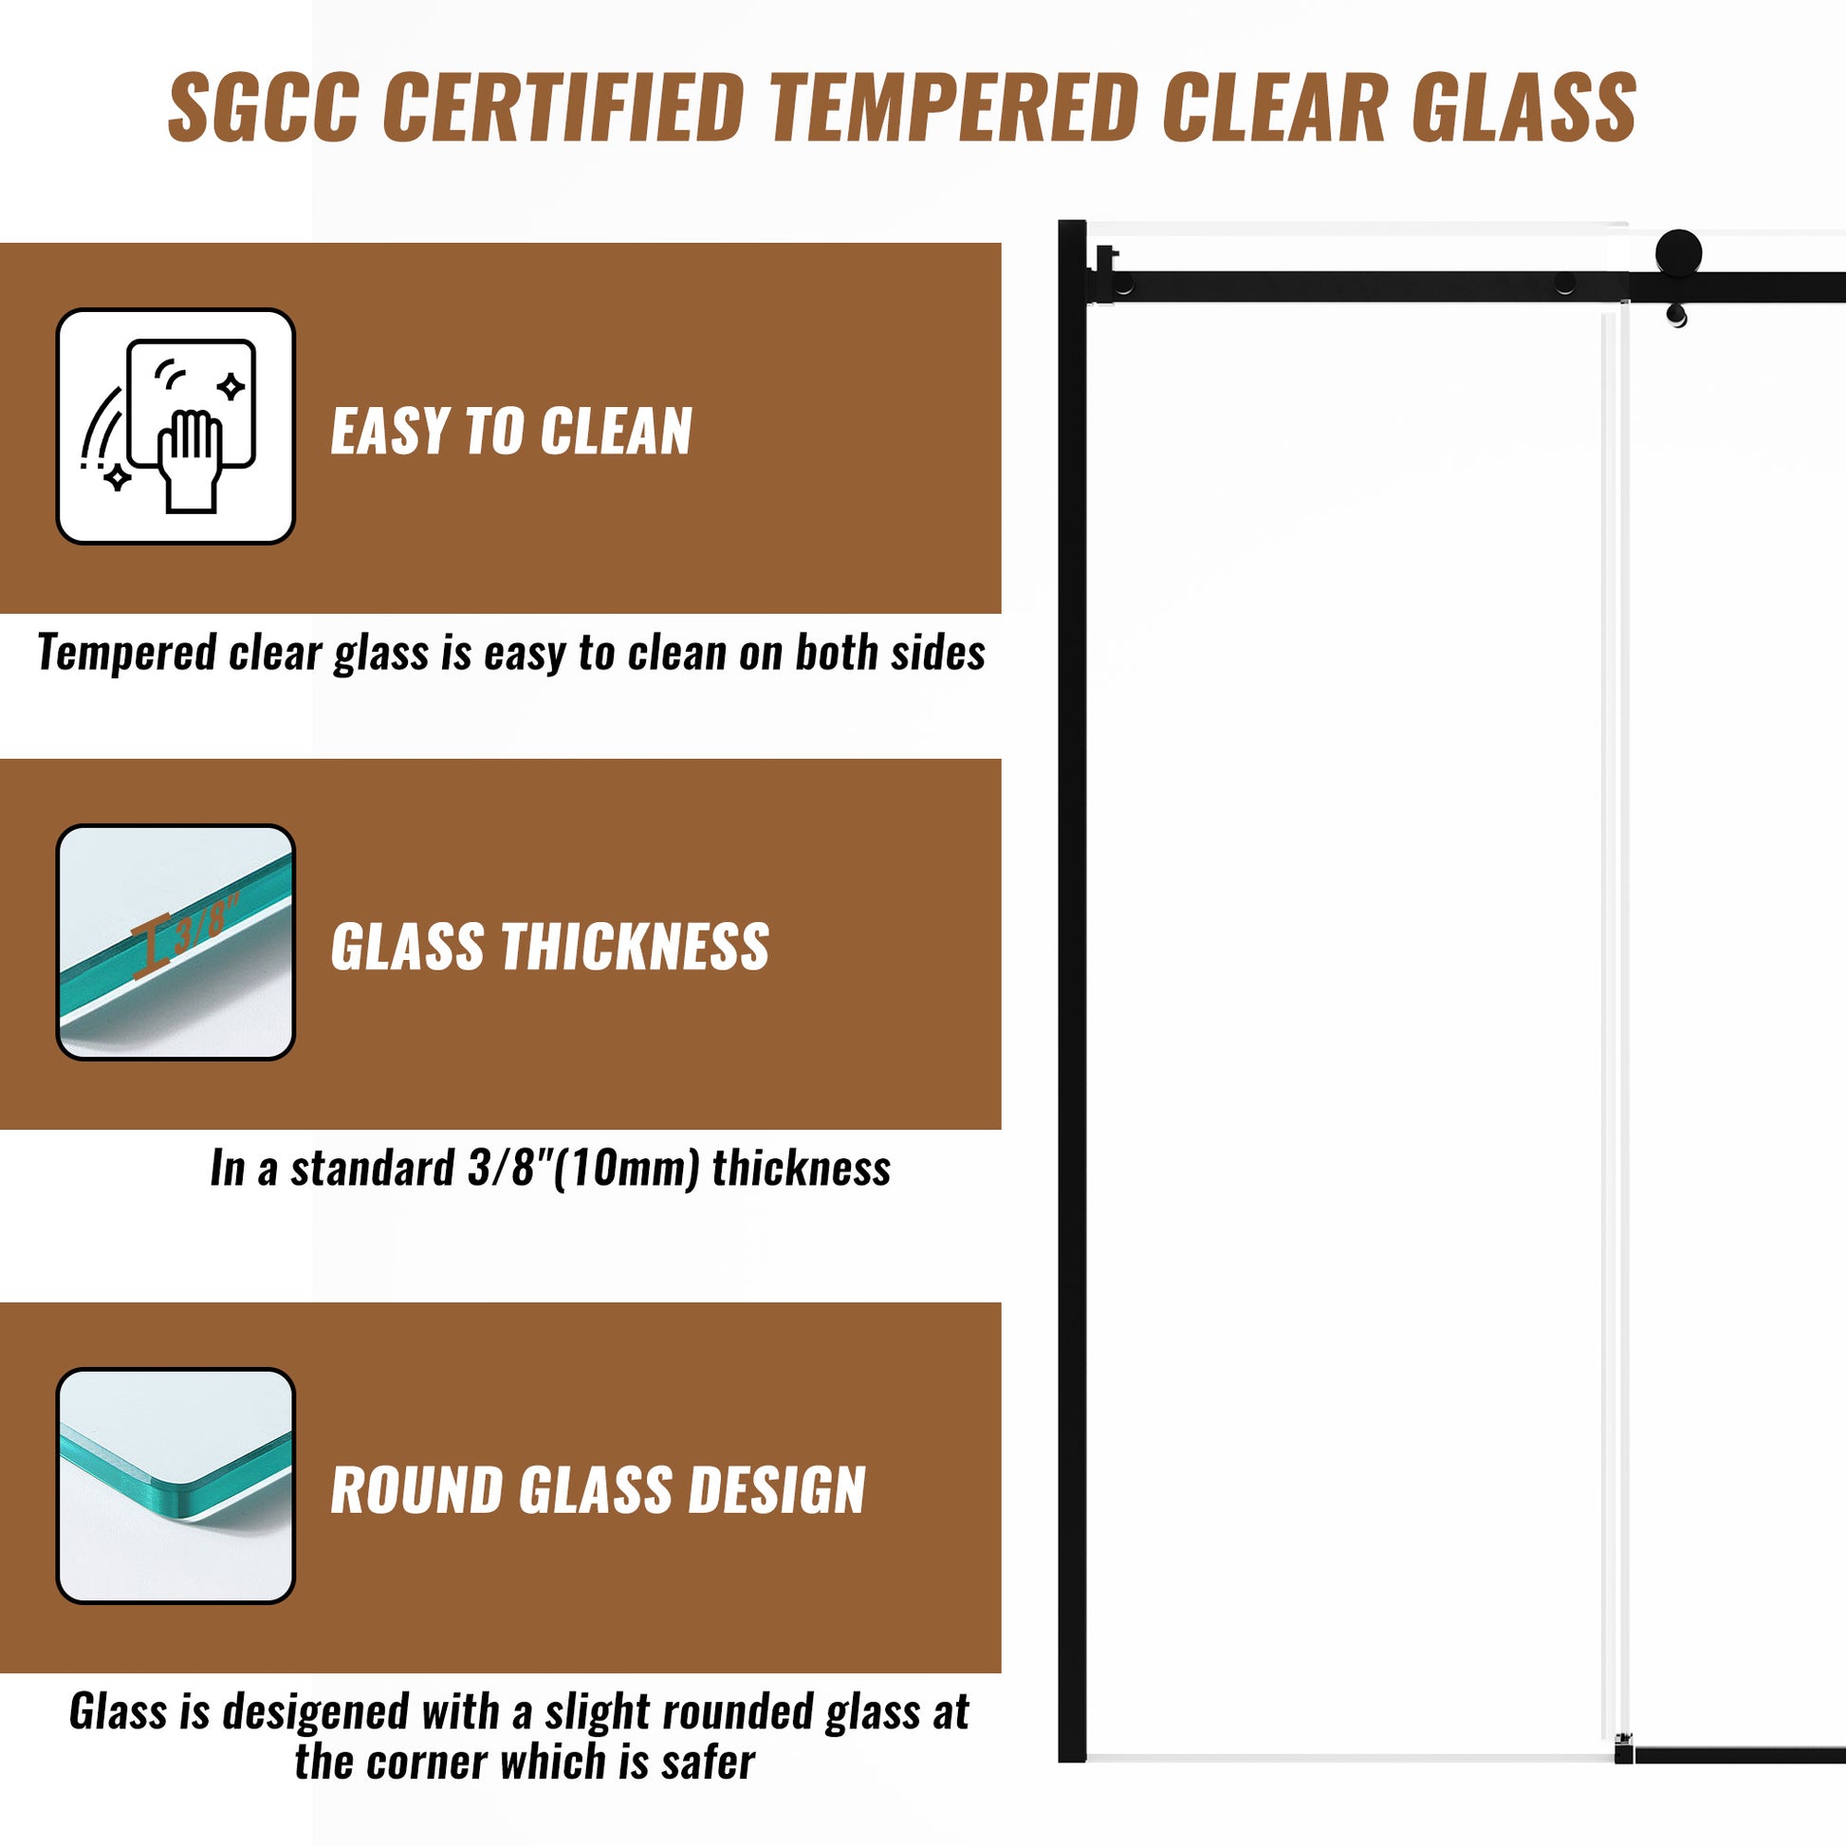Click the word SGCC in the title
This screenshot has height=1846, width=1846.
264,107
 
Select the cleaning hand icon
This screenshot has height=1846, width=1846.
175,426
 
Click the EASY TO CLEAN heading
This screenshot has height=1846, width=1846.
511,431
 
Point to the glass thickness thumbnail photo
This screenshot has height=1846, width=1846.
175,942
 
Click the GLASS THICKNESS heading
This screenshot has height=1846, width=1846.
549,947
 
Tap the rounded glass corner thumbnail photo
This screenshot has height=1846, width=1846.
175,1486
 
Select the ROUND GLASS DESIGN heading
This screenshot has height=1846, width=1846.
599,1490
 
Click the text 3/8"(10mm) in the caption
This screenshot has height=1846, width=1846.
583,1168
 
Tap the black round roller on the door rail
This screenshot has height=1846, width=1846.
1678,253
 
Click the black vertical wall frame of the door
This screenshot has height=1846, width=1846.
1072,991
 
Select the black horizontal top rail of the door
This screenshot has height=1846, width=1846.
1467,286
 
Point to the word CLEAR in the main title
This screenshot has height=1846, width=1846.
1275,107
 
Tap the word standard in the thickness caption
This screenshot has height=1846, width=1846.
373,1168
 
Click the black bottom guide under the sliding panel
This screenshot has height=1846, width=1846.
1730,1754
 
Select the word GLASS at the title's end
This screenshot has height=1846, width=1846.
1525,107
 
